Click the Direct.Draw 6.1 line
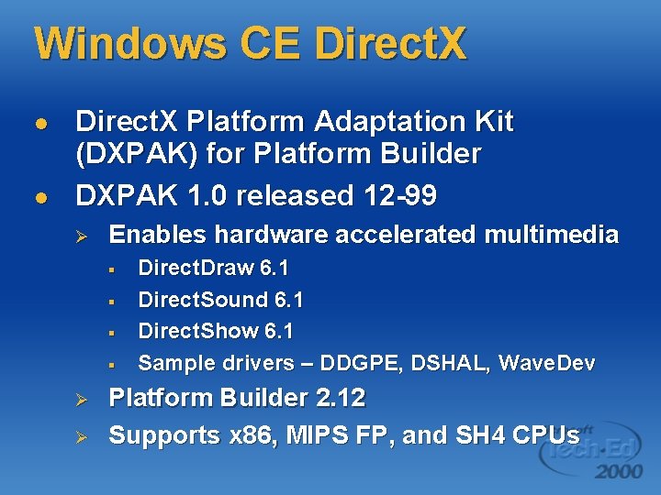tap(213, 269)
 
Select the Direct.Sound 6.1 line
tap(220, 300)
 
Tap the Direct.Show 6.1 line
tap(216, 331)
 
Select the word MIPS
tap(312, 435)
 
